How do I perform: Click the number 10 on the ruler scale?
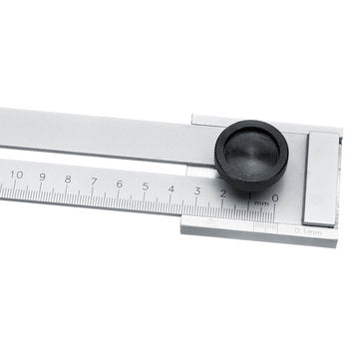click(x=16, y=175)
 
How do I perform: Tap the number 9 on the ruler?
click(x=42, y=178)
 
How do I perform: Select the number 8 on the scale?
click(x=68, y=180)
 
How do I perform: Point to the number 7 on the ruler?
click(x=94, y=182)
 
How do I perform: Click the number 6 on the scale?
click(x=120, y=184)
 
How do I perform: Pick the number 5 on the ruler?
click(x=146, y=187)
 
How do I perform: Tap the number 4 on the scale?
click(x=172, y=189)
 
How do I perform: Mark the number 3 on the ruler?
click(x=197, y=191)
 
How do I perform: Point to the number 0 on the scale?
click(x=274, y=198)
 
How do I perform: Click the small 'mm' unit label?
click(x=261, y=203)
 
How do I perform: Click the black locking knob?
click(x=250, y=156)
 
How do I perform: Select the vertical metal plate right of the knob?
click(x=321, y=180)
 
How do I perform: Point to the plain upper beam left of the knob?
click(x=100, y=135)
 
